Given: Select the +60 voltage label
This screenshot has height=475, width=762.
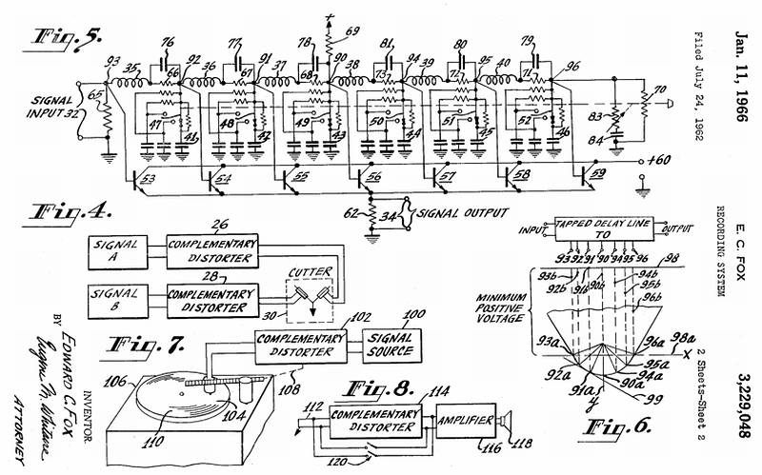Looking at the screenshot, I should point(657,163).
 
